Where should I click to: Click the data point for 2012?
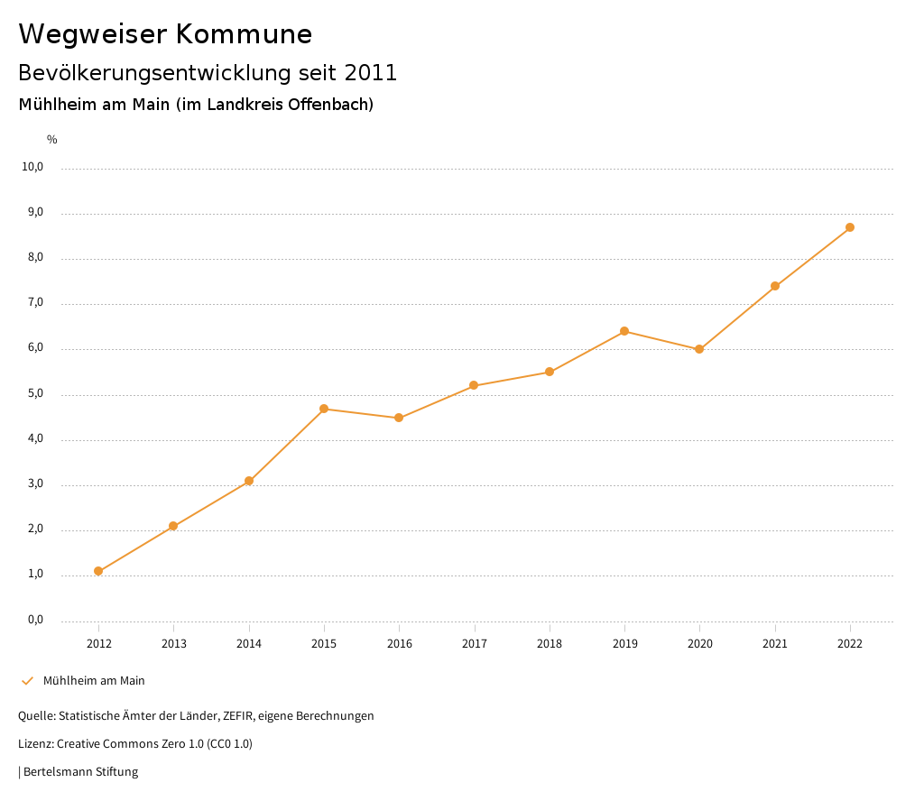tap(98, 571)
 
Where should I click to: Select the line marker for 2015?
tap(324, 409)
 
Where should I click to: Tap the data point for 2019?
tap(624, 331)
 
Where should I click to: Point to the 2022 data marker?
tap(850, 227)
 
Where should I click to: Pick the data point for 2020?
tap(699, 349)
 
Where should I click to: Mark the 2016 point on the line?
tap(399, 418)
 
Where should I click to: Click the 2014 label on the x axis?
tap(249, 643)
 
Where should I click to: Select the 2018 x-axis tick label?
tap(550, 643)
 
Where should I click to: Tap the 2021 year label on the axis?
tap(775, 643)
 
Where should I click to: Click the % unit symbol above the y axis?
tap(52, 140)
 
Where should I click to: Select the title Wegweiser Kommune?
tap(165, 34)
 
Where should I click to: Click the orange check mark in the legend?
tap(27, 681)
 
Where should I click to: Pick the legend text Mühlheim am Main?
tap(94, 681)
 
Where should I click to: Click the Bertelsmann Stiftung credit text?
tap(80, 772)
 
